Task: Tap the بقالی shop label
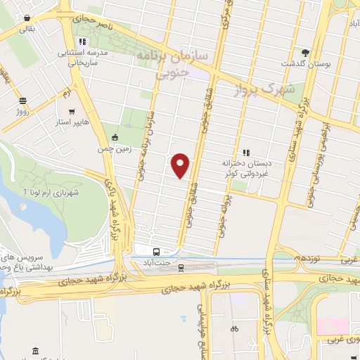pos(25,29)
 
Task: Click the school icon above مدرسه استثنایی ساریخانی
pos(83,41)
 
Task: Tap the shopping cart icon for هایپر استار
pos(71,111)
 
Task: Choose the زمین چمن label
pos(115,148)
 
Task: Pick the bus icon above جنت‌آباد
pos(156,252)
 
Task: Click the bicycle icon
pos(234,328)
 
